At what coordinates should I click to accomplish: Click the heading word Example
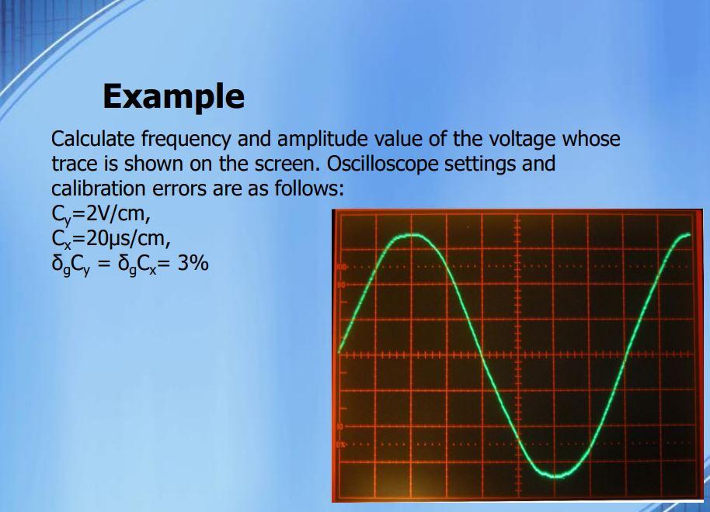[173, 96]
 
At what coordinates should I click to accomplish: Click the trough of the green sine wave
[554, 474]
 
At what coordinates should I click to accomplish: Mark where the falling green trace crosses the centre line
[484, 356]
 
